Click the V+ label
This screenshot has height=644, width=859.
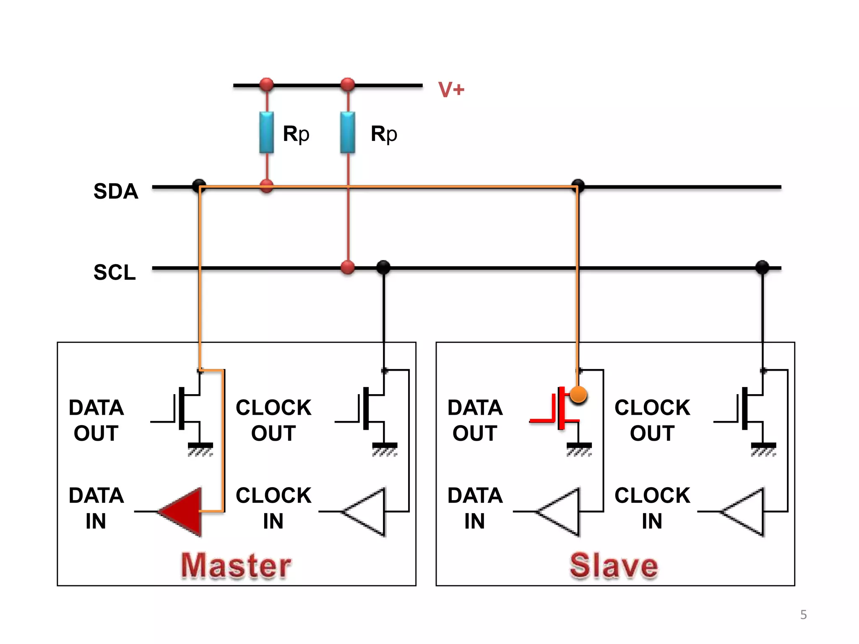(x=451, y=89)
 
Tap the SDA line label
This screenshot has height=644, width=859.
(x=116, y=191)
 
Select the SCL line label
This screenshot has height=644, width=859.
(x=115, y=272)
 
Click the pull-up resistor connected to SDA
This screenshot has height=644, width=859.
(x=266, y=132)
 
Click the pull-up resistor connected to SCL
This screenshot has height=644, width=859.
(x=348, y=132)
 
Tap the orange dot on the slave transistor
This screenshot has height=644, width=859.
(x=578, y=395)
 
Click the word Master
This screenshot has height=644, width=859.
(x=236, y=566)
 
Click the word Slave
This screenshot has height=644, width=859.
(x=614, y=566)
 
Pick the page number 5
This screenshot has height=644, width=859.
(x=803, y=615)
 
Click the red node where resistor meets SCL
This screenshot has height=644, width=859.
(x=348, y=267)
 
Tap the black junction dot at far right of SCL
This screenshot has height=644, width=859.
(x=762, y=267)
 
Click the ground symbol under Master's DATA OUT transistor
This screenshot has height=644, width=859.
(x=200, y=449)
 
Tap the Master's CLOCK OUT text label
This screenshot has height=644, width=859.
(x=273, y=420)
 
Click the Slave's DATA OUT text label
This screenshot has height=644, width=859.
(x=475, y=420)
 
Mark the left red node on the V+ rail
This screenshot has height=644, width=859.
(x=266, y=85)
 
